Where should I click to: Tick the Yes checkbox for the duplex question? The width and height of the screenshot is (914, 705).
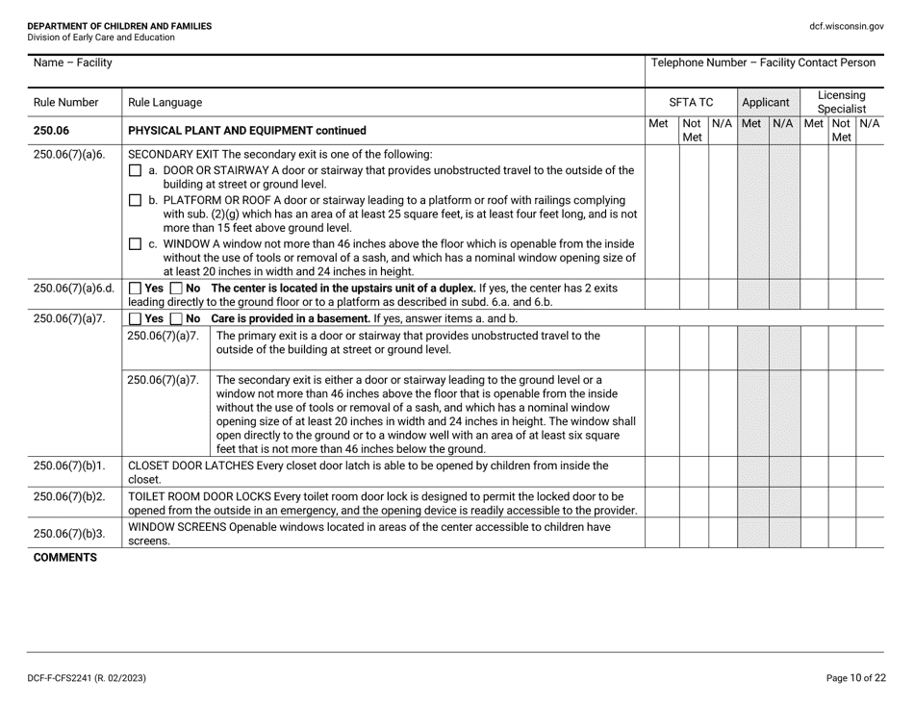coord(135,288)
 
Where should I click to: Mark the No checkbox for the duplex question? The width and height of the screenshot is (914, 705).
coord(177,288)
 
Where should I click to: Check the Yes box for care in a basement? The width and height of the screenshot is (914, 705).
coord(135,318)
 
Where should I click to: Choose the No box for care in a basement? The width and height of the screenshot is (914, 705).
coord(177,318)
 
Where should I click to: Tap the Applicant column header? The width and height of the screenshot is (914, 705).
coord(766,101)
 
